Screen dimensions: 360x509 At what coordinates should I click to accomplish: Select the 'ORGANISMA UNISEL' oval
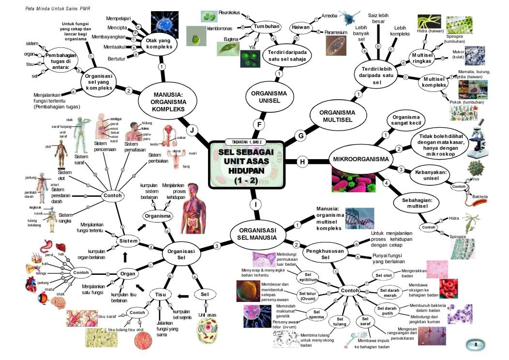coord(266,97)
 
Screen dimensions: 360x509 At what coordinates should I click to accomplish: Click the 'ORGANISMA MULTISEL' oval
coord(337,116)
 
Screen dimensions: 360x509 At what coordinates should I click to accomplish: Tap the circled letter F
coord(260,125)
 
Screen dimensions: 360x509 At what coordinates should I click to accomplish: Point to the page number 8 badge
coord(476,345)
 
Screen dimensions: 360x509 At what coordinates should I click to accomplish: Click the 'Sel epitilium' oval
coord(308,276)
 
